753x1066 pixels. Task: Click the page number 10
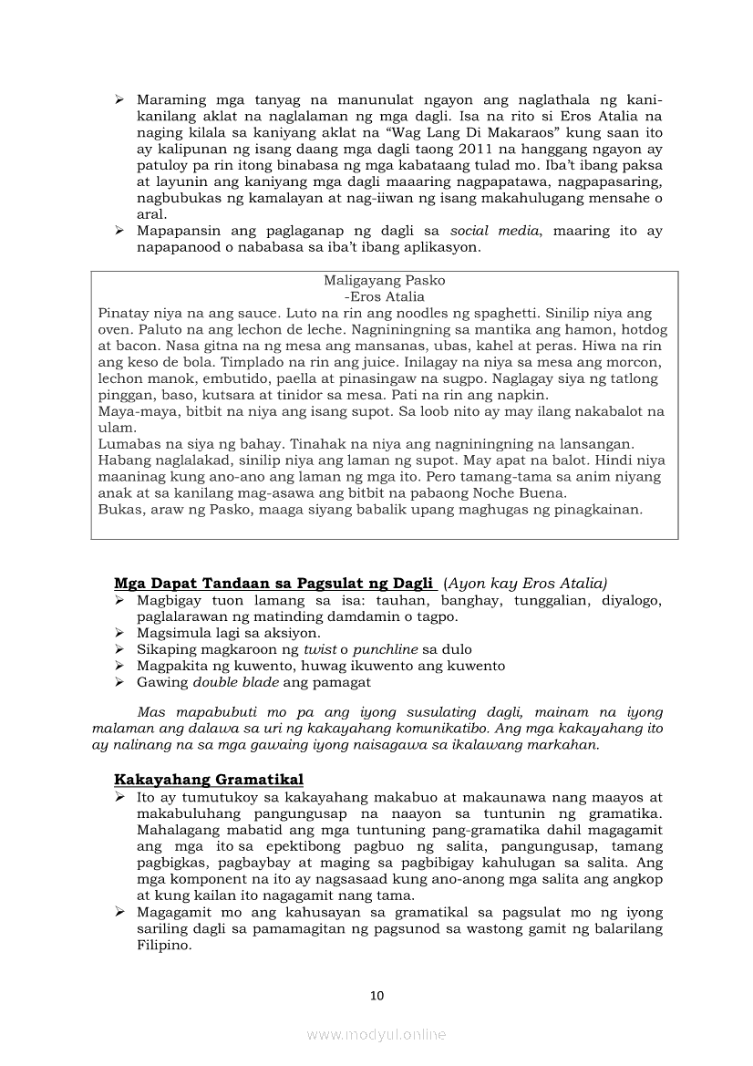pyautogui.click(x=376, y=996)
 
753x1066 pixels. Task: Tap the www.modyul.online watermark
pyautogui.click(x=376, y=1034)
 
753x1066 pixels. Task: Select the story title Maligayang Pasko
pyautogui.click(x=385, y=281)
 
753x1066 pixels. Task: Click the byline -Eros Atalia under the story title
pyautogui.click(x=385, y=296)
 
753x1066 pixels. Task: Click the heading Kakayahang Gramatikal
pyautogui.click(x=209, y=780)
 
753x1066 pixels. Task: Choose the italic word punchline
pyautogui.click(x=387, y=649)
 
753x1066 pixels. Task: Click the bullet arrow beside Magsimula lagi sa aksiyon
pyautogui.click(x=119, y=633)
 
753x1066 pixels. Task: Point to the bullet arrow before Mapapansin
pyautogui.click(x=119, y=232)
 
